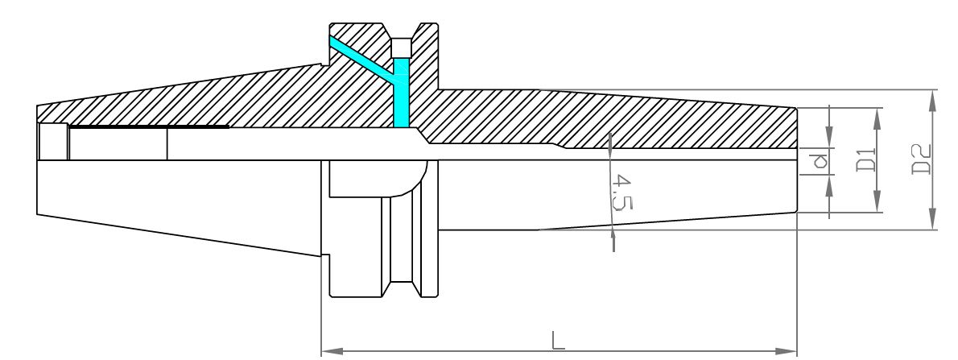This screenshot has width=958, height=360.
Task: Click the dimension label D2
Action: (x=921, y=159)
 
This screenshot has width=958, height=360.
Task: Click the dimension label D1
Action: (x=866, y=160)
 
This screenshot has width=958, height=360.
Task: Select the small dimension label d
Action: (x=819, y=161)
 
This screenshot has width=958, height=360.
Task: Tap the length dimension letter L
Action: (x=558, y=340)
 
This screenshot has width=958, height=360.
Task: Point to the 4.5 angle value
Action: (x=622, y=192)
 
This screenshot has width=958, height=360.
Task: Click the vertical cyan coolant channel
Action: (x=401, y=93)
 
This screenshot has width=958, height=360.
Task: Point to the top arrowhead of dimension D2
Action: (x=932, y=101)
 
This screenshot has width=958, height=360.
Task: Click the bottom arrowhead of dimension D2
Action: (x=932, y=219)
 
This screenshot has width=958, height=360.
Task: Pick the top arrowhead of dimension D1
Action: (x=877, y=118)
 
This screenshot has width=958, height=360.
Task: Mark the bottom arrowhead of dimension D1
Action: (x=877, y=201)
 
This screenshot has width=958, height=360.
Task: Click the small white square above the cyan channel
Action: (x=402, y=48)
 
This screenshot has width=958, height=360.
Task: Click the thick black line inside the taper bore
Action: (x=149, y=127)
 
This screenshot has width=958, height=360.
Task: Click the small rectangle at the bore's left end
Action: (x=54, y=141)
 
